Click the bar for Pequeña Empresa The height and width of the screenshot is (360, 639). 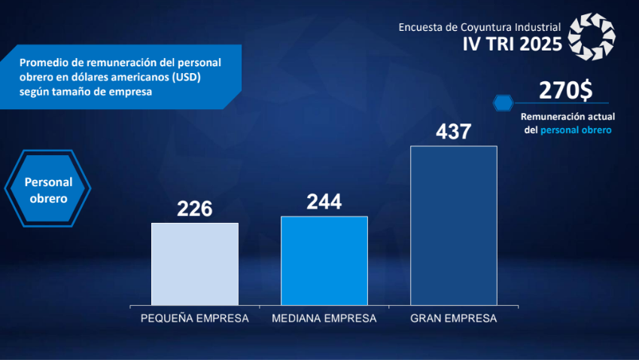[x=194, y=264]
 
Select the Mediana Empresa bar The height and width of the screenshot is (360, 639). [x=324, y=261]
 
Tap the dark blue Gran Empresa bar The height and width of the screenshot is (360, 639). [x=453, y=225]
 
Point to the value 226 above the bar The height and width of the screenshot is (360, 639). [x=195, y=209]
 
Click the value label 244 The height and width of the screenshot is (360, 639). [x=324, y=202]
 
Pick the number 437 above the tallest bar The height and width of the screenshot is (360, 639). [x=453, y=132]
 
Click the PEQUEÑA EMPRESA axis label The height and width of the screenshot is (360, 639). [x=194, y=319]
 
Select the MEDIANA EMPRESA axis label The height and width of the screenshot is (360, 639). [x=324, y=319]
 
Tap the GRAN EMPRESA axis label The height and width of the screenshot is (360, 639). [x=453, y=319]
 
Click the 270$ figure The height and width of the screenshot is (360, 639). [x=565, y=91]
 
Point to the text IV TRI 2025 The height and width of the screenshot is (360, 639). [x=512, y=44]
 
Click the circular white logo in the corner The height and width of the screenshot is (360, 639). [x=592, y=36]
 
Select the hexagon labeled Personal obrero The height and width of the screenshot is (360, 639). [x=48, y=190]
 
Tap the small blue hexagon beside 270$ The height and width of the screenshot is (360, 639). [x=502, y=102]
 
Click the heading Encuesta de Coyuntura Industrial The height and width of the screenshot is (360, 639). [x=479, y=27]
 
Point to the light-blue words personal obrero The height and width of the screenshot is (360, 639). [x=576, y=130]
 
